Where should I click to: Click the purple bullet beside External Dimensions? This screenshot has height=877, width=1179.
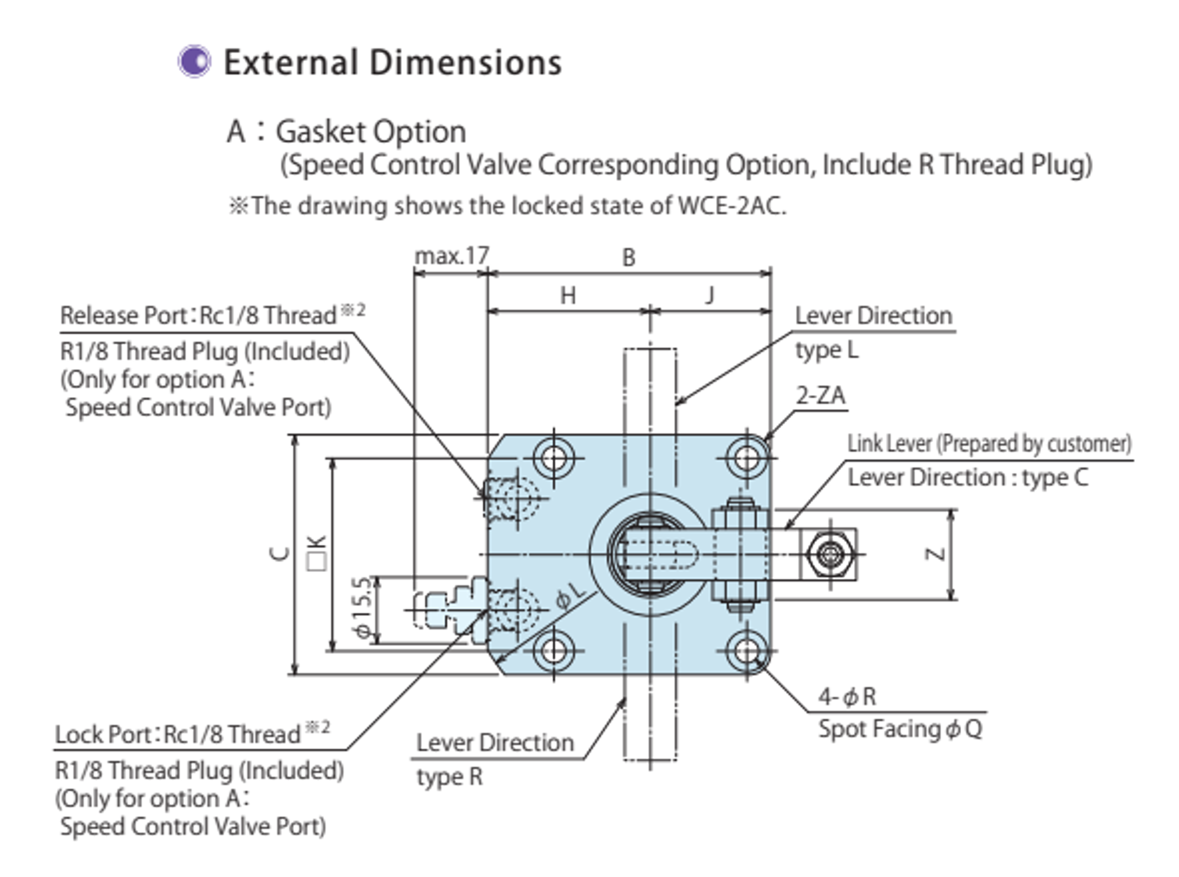tap(194, 61)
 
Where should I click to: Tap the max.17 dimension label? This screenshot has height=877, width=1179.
tap(452, 256)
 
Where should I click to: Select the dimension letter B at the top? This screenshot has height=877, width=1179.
tap(629, 257)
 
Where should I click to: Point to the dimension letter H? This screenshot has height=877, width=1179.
tap(568, 296)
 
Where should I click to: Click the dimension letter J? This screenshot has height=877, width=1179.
tap(710, 295)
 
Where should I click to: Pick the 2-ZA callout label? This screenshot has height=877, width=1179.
tap(820, 396)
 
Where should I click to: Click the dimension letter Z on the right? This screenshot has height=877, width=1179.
tap(935, 554)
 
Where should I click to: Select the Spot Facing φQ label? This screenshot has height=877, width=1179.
tap(900, 729)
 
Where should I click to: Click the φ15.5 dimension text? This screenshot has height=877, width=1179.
tap(362, 608)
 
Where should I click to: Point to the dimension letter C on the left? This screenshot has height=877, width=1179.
tap(280, 554)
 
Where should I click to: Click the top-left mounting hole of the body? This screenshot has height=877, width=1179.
tap(553, 458)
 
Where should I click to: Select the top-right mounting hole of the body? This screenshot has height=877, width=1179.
tap(747, 458)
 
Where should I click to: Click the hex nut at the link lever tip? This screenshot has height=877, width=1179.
tap(830, 554)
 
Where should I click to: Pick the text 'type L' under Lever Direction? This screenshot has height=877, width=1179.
tap(826, 350)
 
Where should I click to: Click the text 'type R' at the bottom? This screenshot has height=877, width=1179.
tap(449, 777)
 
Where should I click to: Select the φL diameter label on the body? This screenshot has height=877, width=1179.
tap(570, 596)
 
